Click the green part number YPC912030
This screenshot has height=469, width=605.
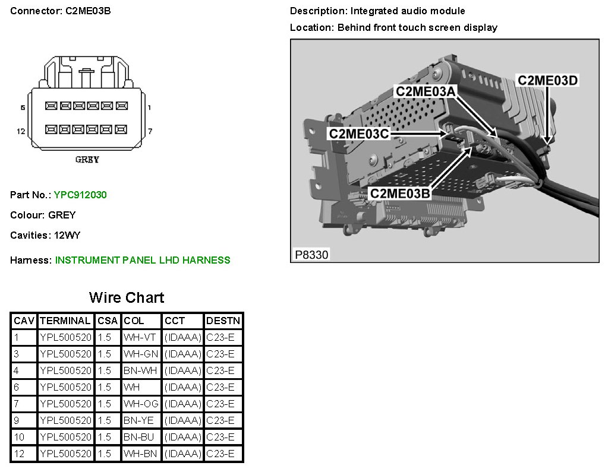tap(80, 195)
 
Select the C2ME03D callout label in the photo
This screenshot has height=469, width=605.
tap(547, 80)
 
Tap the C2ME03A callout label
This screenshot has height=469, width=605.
tap(426, 91)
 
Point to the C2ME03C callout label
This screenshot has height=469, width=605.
tap(359, 134)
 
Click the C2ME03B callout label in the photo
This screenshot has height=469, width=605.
tap(399, 194)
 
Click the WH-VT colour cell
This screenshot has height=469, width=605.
tap(141, 338)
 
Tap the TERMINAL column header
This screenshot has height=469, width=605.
tap(65, 321)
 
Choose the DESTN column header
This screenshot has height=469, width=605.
tap(223, 321)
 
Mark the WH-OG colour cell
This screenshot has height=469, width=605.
tap(141, 404)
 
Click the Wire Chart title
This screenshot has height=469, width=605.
tap(127, 297)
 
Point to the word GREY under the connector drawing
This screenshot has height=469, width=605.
tap(87, 160)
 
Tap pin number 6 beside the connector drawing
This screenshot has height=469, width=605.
tap(23, 107)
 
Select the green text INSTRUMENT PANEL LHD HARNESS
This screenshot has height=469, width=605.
tap(143, 260)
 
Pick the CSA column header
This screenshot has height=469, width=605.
tap(108, 321)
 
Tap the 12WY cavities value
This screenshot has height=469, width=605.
tap(67, 235)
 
